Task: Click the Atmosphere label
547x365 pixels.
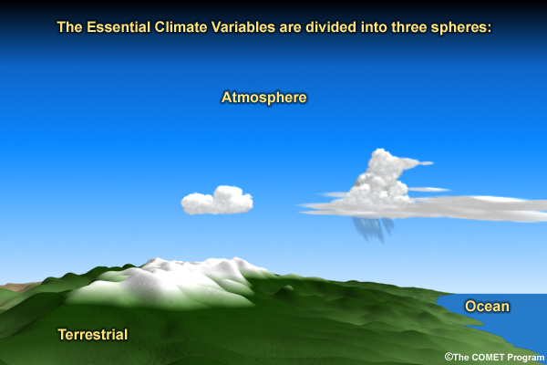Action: pos(264,98)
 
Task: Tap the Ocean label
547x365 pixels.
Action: pos(487,307)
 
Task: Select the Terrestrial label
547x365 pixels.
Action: pos(93,335)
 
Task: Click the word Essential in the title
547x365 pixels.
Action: pos(119,27)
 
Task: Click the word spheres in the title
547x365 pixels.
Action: pos(460,28)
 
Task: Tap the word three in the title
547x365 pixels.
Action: pos(408,27)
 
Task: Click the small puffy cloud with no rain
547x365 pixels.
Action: pos(217,201)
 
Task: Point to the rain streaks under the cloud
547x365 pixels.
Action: pos(373,229)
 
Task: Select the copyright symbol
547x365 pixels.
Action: pos(449,357)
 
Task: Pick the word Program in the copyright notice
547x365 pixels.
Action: pos(525,358)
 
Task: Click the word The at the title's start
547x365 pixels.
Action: pos(70,27)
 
